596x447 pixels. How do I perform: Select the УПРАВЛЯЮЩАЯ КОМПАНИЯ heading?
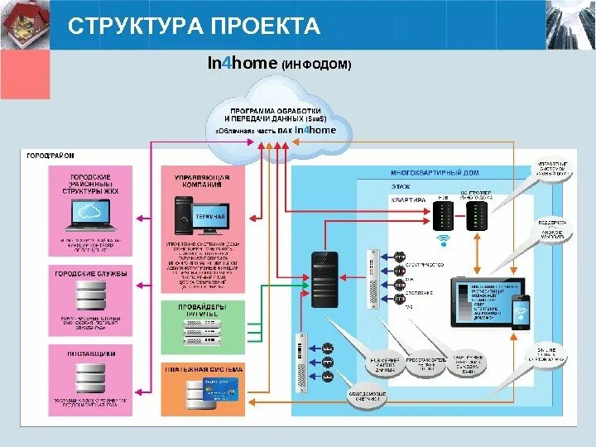(202, 180)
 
